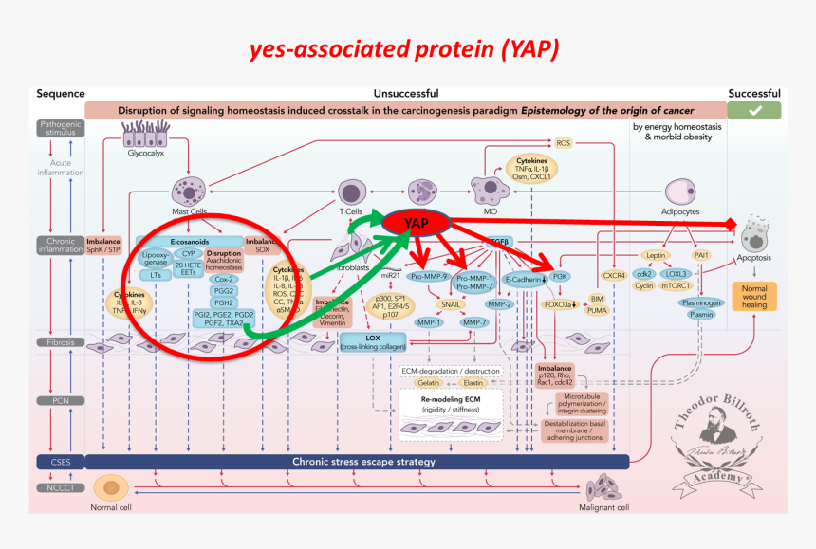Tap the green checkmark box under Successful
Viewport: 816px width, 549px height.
[754, 111]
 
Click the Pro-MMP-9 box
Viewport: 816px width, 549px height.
[430, 277]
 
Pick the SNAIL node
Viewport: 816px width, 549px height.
[452, 303]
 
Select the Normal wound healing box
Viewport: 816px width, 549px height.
[753, 296]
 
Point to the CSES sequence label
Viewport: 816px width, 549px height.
[60, 462]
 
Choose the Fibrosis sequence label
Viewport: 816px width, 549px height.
[60, 341]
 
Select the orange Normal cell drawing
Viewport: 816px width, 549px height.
[112, 487]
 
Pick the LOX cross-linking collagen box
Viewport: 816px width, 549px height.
[372, 342]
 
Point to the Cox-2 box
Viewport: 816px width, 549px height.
[223, 279]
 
